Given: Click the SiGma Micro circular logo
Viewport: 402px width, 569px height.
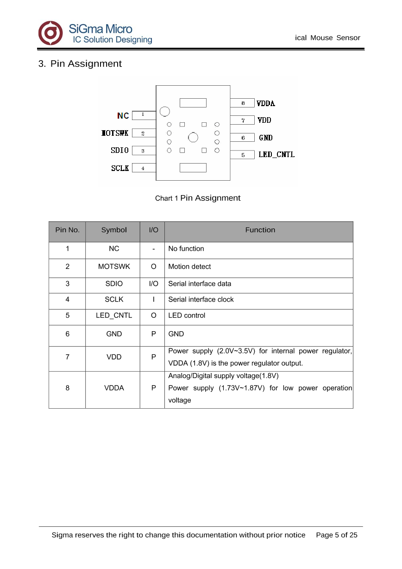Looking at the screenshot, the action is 50,33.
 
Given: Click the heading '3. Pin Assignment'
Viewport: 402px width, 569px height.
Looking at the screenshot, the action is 80,64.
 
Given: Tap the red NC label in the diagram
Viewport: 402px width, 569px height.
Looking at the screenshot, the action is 123,115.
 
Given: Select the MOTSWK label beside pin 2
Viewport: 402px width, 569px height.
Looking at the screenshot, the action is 115,133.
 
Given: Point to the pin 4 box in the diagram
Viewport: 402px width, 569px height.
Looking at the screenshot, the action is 144,168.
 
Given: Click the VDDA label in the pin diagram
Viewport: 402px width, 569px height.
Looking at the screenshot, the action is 266,103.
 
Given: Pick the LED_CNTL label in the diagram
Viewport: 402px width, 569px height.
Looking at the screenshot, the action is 276,155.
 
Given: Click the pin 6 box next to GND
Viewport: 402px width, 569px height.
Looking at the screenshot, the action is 242,138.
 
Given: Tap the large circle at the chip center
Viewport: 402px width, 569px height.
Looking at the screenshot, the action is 193,137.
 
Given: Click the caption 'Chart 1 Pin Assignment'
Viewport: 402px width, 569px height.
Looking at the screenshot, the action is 198,198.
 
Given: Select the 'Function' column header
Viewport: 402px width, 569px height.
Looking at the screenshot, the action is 260,230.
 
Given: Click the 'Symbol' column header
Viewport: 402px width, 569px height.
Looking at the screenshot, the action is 114,230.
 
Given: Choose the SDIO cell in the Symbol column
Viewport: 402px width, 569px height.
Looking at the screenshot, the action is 114,284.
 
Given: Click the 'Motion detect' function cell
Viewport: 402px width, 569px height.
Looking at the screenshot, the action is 189,266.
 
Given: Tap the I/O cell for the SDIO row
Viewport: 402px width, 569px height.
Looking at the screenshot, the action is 153,284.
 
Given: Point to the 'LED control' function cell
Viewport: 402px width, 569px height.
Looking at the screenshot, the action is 187,316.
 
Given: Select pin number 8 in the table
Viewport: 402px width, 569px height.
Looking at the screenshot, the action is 68,388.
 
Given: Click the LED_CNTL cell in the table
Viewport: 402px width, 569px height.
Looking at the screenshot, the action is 114,316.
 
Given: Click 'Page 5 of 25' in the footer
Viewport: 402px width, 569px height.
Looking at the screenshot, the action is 337,535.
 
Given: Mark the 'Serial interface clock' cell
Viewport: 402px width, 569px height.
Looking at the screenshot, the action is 201,299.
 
